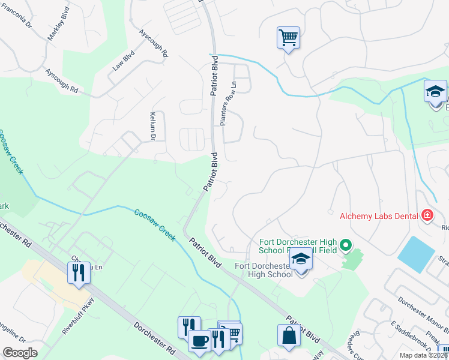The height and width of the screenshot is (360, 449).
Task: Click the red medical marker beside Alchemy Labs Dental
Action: pyautogui.click(x=427, y=215)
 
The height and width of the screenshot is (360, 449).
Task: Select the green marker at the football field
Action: pyautogui.click(x=345, y=245)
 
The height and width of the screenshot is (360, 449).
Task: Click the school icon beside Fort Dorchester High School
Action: pyautogui.click(x=301, y=259)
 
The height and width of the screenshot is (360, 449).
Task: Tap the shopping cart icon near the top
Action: pyautogui.click(x=288, y=37)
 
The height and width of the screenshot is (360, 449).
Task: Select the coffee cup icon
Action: pyautogui.click(x=199, y=340)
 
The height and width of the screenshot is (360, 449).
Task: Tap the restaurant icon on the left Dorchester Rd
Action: pyautogui.click(x=79, y=272)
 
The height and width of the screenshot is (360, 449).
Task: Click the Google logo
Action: pyautogui.click(x=20, y=352)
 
